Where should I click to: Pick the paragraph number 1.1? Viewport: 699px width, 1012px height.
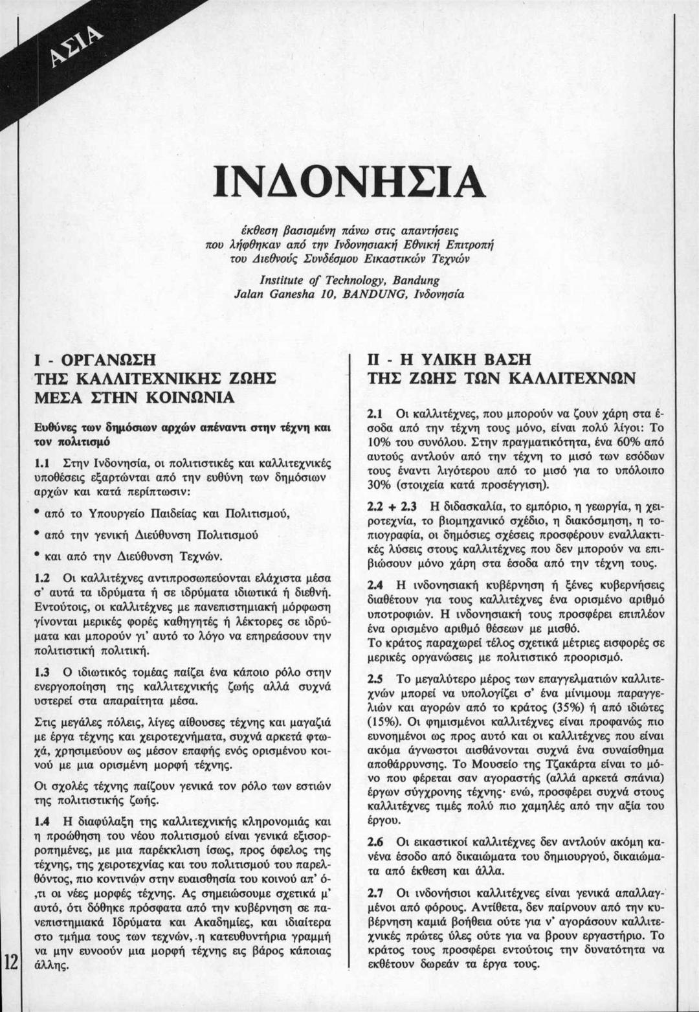point(43,462)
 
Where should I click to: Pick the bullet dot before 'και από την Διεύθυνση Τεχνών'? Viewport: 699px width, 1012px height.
point(39,556)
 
